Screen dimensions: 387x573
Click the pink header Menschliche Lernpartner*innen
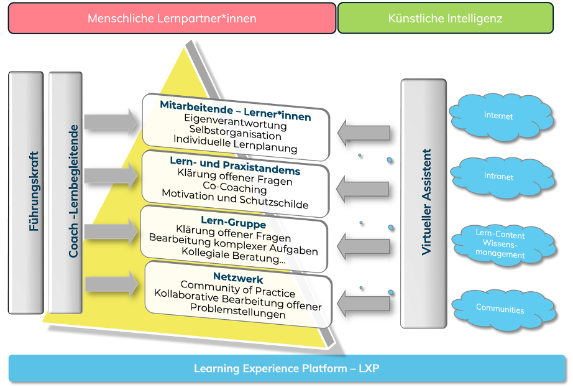click(x=172, y=18)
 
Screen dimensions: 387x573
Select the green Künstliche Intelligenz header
click(x=445, y=18)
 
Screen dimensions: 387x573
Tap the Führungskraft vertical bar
click(x=26, y=192)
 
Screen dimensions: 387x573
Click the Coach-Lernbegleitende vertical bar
click(x=65, y=192)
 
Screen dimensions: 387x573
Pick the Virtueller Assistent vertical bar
click(x=423, y=203)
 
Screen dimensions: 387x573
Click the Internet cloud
click(x=499, y=116)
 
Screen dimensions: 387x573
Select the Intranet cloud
click(x=499, y=177)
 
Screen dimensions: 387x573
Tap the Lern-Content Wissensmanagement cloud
click(x=500, y=245)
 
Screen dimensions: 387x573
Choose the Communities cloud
click(x=500, y=309)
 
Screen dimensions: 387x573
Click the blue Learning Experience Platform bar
click(x=286, y=368)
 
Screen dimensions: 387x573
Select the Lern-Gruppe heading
click(x=234, y=223)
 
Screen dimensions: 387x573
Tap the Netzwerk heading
click(x=238, y=279)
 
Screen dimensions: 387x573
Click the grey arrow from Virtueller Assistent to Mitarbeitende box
click(x=364, y=133)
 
